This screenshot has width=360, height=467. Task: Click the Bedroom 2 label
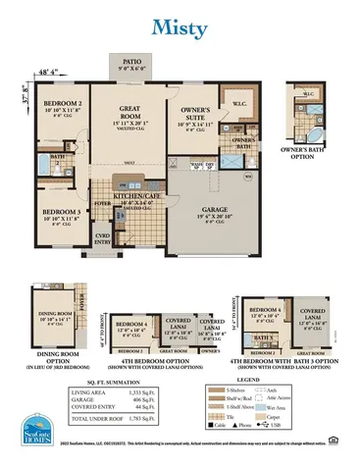coord(61,104)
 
